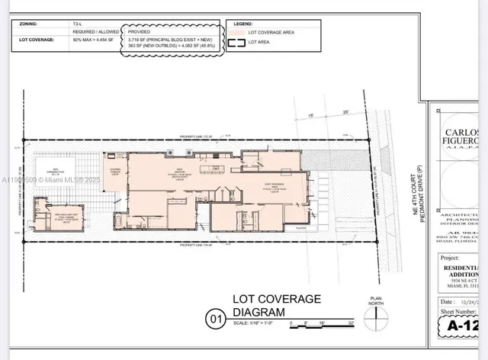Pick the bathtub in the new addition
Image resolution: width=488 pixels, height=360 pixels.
pos(121,223)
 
